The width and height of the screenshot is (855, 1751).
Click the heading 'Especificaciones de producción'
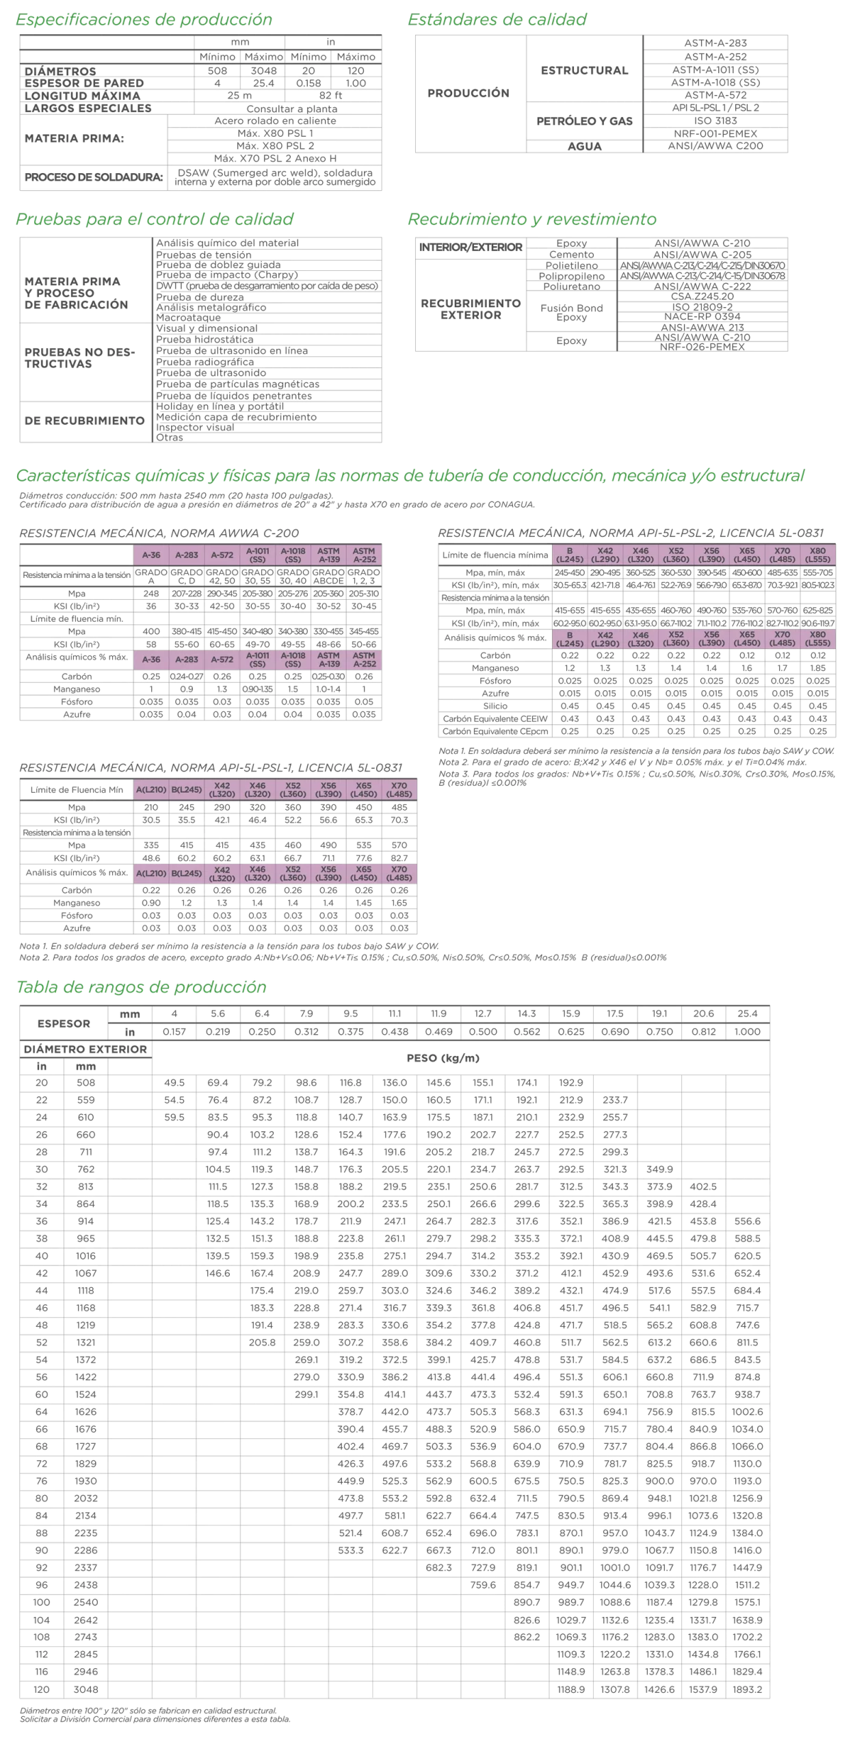(144, 20)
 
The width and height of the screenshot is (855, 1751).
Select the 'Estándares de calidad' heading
(497, 20)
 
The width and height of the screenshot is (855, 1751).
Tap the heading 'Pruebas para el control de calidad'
(155, 219)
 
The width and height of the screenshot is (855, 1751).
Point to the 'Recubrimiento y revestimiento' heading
(531, 219)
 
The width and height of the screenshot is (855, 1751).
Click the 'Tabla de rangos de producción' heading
(141, 987)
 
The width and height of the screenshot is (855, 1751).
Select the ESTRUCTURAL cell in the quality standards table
(584, 70)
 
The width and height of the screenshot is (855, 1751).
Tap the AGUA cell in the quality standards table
(584, 146)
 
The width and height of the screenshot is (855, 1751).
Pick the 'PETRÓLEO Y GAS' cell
(584, 122)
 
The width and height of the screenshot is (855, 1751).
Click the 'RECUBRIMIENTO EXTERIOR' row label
(471, 308)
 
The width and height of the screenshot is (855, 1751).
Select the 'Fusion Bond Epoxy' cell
(571, 312)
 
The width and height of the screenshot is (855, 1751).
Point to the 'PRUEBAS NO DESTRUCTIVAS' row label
(81, 358)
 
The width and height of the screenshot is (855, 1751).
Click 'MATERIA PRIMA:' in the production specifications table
(75, 139)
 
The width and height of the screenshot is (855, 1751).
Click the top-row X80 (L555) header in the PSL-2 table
(817, 555)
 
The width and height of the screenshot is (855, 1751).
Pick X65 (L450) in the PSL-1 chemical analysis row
(364, 873)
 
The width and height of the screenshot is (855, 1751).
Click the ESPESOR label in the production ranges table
(64, 1023)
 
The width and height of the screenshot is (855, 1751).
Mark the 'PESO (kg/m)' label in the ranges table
(443, 1058)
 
